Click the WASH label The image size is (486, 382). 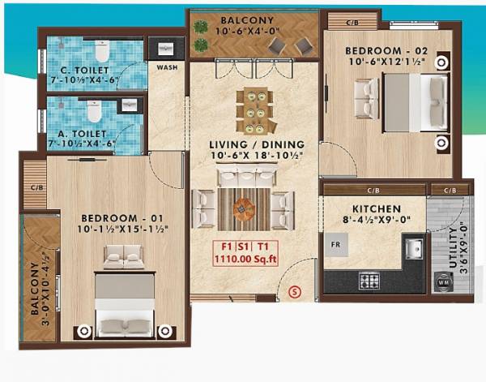click(168, 68)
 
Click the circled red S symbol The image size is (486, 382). click(295, 290)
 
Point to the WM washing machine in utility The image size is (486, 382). click(444, 282)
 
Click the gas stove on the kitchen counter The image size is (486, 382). click(370, 282)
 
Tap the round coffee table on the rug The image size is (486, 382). click(244, 208)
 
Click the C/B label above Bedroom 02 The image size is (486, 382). click(353, 23)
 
